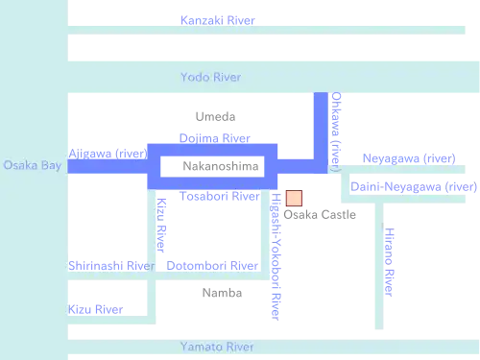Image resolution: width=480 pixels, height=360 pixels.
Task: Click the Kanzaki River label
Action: coord(218,20)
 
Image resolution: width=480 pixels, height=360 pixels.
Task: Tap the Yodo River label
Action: coord(211,77)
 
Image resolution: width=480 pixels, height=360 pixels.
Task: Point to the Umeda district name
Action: coord(215,117)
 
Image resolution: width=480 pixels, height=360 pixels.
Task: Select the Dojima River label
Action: coord(215,138)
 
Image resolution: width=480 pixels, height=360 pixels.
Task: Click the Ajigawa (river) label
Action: coord(108,154)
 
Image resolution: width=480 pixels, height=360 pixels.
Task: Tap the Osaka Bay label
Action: coord(33,165)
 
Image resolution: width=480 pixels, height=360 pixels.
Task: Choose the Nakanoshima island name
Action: coord(221,166)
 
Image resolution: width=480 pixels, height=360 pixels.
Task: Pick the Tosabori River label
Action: coord(220,196)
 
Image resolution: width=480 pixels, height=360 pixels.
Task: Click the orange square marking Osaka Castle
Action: coord(294,198)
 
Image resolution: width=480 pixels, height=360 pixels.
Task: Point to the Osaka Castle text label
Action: coord(320,215)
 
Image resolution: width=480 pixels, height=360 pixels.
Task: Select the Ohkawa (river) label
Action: coord(336,132)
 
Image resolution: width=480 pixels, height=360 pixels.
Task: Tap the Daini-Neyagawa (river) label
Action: coord(414,186)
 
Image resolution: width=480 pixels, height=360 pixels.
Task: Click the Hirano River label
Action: coord(389,262)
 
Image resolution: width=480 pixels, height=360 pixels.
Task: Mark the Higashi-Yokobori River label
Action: coord(276,256)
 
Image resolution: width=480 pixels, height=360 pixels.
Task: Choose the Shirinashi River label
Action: coord(111,266)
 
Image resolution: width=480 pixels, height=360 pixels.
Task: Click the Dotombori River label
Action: coord(212,266)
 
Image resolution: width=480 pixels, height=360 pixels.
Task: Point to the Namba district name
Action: coord(222,293)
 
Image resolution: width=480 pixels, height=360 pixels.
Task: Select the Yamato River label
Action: coord(217,347)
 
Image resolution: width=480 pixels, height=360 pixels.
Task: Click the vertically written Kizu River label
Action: coord(161,226)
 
